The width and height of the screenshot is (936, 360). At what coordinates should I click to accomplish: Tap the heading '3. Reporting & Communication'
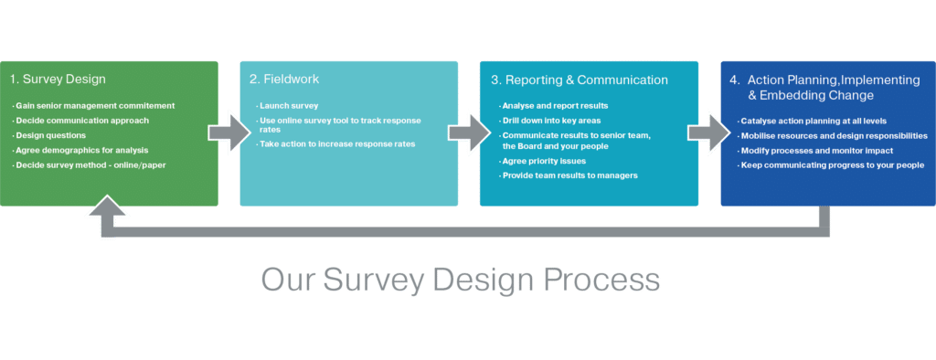click(580, 80)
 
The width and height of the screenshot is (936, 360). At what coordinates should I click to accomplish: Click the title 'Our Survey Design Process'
click(460, 279)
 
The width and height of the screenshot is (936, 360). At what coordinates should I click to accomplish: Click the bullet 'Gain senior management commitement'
click(95, 106)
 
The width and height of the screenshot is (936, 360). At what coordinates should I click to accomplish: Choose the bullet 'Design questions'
click(51, 135)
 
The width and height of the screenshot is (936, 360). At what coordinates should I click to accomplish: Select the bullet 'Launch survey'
click(288, 106)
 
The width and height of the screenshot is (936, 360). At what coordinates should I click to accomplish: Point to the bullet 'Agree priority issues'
click(545, 160)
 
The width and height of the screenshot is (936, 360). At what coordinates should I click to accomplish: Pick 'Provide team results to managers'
click(570, 175)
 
